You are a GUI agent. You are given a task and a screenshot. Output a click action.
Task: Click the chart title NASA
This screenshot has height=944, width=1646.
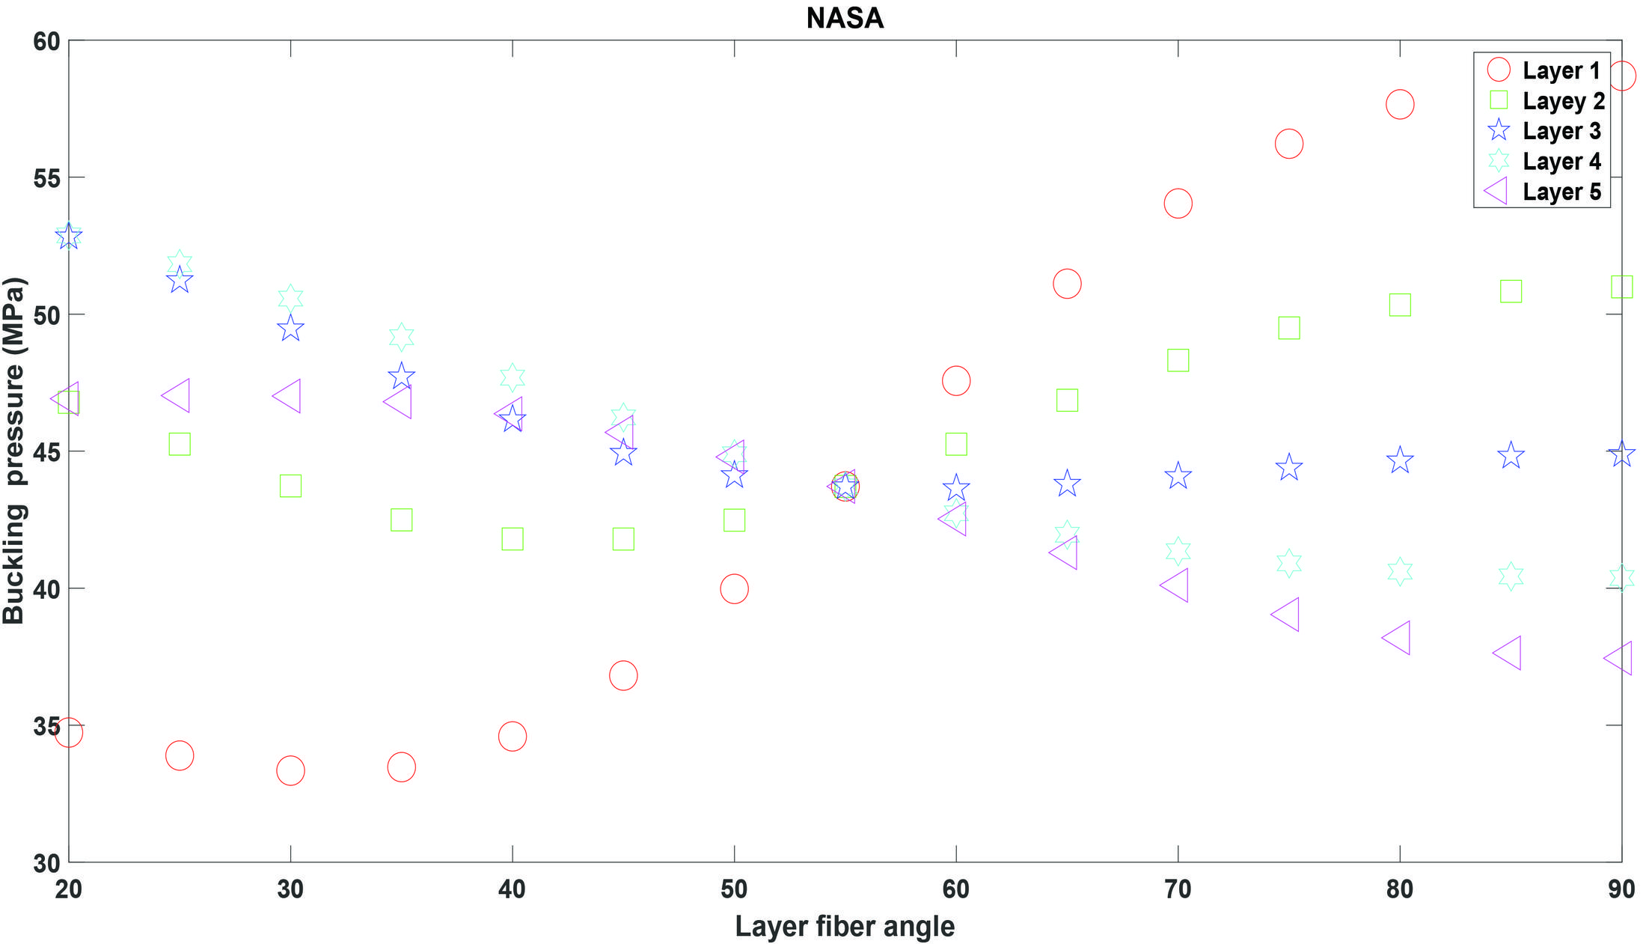[x=845, y=18]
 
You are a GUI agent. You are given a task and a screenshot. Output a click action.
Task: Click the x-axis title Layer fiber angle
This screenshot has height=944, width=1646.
[x=845, y=926]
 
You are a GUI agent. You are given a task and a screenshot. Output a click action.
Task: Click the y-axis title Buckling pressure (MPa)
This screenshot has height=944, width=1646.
[x=15, y=451]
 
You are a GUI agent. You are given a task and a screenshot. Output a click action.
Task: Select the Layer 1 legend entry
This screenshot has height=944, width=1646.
[x=1561, y=70]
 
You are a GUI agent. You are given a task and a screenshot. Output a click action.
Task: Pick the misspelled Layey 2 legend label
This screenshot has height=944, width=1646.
[x=1564, y=101]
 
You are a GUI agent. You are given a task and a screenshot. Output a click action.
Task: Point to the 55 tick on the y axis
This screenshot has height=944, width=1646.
[x=46, y=177]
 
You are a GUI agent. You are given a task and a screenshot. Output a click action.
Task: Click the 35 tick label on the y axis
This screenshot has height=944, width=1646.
[x=46, y=725]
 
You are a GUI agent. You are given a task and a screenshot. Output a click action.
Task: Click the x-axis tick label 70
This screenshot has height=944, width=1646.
[x=1178, y=889]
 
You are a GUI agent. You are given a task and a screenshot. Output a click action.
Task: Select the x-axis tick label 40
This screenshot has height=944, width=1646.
[x=512, y=889]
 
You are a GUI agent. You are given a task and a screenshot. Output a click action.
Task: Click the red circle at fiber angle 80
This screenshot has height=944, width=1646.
[x=1400, y=104]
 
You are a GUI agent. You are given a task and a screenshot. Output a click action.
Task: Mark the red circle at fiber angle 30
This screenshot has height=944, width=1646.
[x=290, y=770]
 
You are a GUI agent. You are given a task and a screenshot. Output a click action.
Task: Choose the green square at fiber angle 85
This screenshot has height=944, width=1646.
[x=1511, y=291]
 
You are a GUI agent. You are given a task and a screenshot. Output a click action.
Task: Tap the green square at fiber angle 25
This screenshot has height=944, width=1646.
[x=180, y=444]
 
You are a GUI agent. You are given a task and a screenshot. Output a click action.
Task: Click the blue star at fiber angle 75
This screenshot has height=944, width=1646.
[x=1288, y=468]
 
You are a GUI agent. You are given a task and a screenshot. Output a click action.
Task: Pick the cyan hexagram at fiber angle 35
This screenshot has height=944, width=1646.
[x=402, y=337]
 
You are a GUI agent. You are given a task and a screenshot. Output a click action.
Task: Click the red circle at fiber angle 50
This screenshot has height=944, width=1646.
[x=734, y=589]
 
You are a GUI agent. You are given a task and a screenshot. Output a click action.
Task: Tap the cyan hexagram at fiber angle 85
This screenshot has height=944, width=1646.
[x=1511, y=576]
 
